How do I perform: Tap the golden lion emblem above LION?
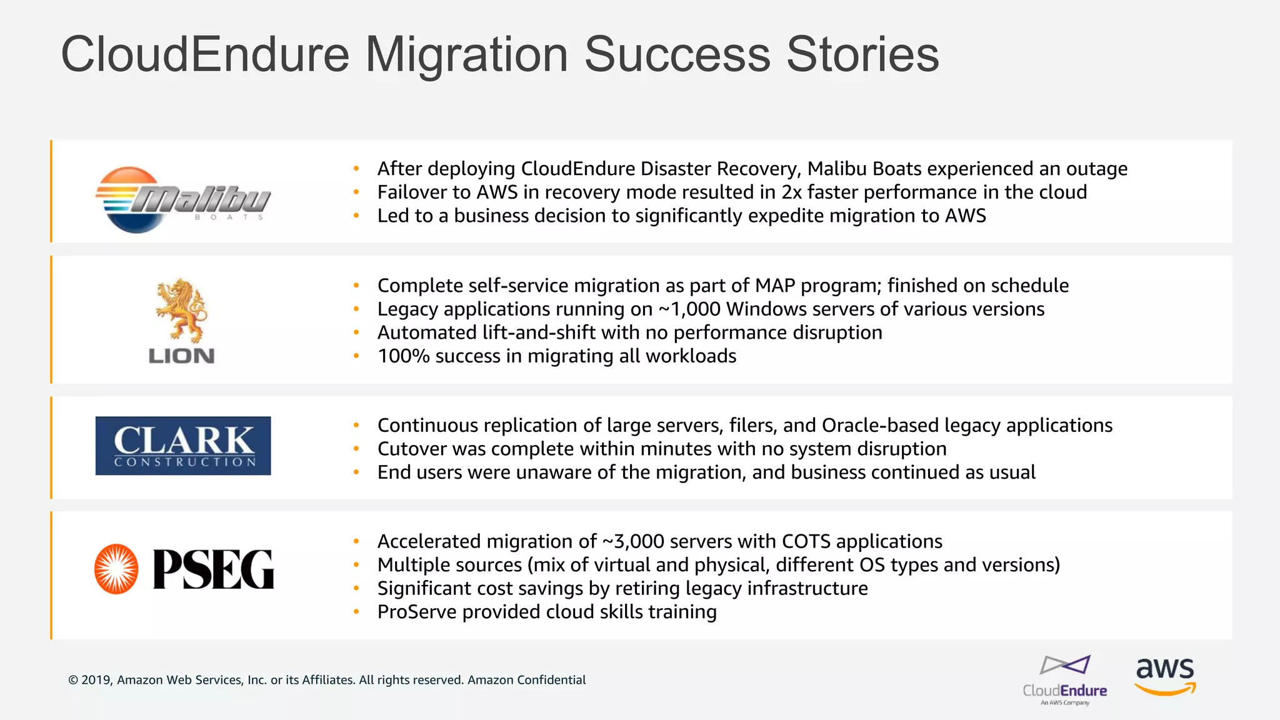[181, 310]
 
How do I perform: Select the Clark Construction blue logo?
[183, 446]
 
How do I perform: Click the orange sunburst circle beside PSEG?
[116, 569]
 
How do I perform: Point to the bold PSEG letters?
[213, 569]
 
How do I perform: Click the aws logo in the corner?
[1165, 675]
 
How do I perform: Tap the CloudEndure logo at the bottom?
[1065, 680]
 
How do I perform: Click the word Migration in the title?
[466, 55]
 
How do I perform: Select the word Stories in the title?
[862, 55]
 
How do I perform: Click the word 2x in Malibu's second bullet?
[791, 192]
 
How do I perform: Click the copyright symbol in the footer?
[73, 680]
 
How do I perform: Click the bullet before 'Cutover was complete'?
[356, 449]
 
